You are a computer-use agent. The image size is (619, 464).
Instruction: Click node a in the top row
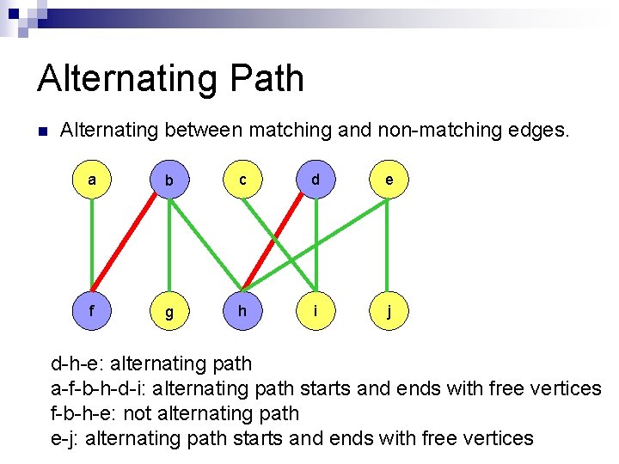(x=92, y=180)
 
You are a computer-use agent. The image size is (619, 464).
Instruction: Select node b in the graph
(x=169, y=180)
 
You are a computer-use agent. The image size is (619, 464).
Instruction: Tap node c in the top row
(x=243, y=180)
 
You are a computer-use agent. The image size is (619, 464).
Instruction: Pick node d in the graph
(x=316, y=180)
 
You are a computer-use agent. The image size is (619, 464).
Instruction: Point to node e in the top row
(x=389, y=180)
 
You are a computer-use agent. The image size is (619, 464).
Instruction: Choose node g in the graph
(x=169, y=312)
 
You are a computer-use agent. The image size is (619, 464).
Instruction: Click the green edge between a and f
(x=92, y=246)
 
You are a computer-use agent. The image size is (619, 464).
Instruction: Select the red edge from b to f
(x=131, y=246)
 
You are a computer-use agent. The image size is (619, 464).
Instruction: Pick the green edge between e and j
(x=389, y=246)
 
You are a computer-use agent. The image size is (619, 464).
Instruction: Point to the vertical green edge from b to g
(x=169, y=246)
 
